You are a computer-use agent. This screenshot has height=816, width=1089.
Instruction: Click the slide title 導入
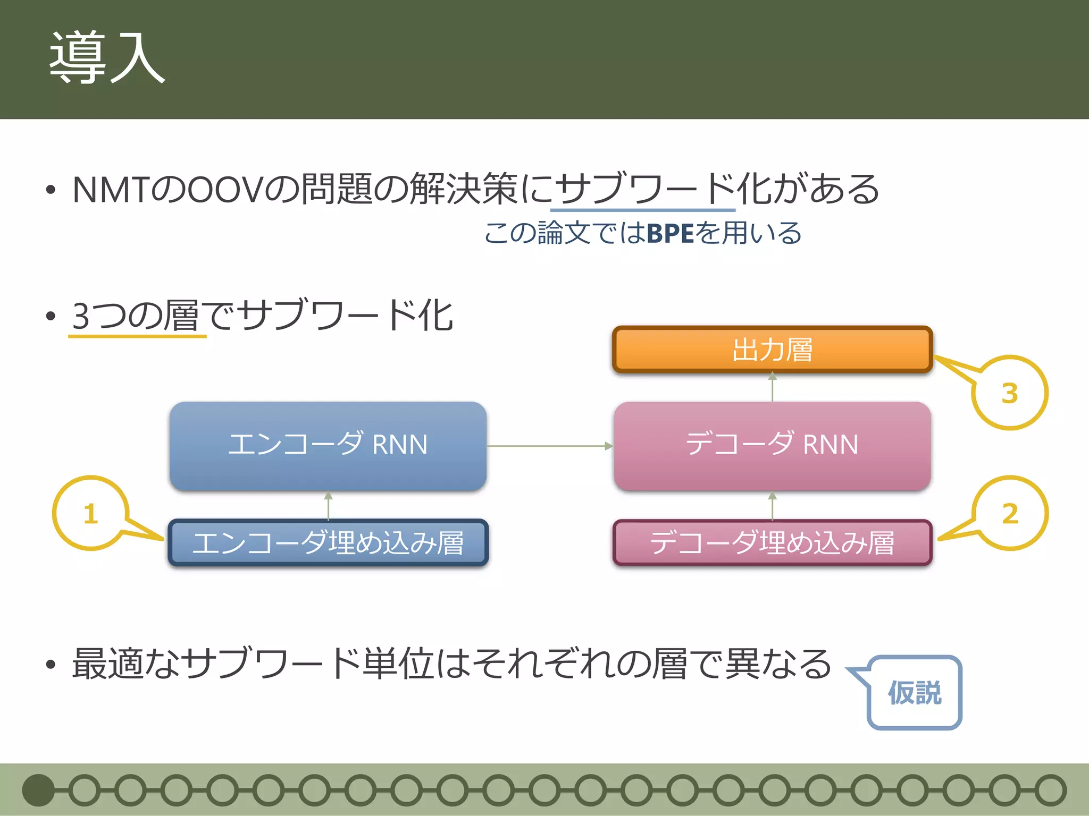pyautogui.click(x=107, y=57)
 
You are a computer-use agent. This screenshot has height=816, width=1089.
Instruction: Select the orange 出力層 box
pyautogui.click(x=772, y=350)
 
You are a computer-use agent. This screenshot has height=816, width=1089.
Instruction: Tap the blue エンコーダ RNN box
pyautogui.click(x=328, y=445)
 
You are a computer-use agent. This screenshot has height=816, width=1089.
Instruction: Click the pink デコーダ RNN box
pyautogui.click(x=772, y=445)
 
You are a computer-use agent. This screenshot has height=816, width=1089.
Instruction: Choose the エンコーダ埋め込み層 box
pyautogui.click(x=328, y=543)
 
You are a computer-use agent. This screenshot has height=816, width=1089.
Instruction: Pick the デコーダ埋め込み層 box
pyautogui.click(x=772, y=543)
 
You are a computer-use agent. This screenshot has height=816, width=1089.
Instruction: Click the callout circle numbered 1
pyautogui.click(x=91, y=513)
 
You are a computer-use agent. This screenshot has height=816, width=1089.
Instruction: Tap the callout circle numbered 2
pyautogui.click(x=1010, y=513)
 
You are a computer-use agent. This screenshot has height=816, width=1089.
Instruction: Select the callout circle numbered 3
pyautogui.click(x=1010, y=393)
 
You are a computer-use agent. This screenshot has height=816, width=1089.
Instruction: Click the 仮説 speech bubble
pyautogui.click(x=915, y=693)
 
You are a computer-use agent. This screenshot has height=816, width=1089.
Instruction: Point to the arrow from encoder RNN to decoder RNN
pyautogui.click(x=550, y=446)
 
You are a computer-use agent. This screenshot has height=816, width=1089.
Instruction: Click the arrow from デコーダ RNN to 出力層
pyautogui.click(x=772, y=387)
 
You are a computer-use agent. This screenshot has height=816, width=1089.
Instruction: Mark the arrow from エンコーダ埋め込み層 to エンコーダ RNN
pyautogui.click(x=328, y=506)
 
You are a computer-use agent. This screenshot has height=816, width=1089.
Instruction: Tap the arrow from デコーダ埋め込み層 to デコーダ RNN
pyautogui.click(x=772, y=506)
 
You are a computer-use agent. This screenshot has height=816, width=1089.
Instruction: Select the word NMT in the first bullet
pyautogui.click(x=111, y=190)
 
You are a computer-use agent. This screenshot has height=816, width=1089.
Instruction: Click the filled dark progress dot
pyautogui.click(x=38, y=790)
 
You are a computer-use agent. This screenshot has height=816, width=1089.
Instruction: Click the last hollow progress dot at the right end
pyautogui.click(x=1051, y=790)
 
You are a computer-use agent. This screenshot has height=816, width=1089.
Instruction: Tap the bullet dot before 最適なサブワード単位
pyautogui.click(x=51, y=665)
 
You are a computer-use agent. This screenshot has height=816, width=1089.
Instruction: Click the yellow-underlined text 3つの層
pyautogui.click(x=135, y=316)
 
